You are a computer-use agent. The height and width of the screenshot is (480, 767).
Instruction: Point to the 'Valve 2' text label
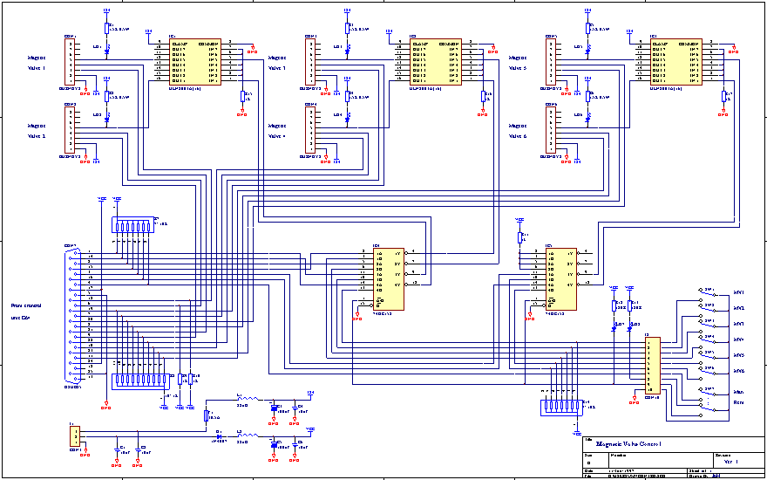click(37, 136)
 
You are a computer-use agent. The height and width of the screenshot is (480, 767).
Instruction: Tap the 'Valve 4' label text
click(277, 136)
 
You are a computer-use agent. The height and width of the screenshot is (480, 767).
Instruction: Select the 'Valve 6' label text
click(518, 136)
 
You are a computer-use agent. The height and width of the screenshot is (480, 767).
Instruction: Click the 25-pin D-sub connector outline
click(72, 315)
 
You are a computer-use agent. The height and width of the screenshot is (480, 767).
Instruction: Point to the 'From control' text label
click(27, 306)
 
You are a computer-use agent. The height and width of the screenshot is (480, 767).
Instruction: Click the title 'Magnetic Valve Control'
click(628, 446)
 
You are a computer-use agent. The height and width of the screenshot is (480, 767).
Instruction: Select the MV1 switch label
click(738, 292)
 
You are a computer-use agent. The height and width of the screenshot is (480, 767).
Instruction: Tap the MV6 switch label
click(738, 371)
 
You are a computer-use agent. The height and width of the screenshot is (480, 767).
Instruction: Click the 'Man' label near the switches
click(737, 393)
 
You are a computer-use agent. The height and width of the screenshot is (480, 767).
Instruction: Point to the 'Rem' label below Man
click(737, 402)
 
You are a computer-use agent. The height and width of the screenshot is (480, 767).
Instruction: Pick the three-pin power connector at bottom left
click(76, 435)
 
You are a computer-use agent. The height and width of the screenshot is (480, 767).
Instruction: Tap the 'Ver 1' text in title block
click(731, 462)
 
